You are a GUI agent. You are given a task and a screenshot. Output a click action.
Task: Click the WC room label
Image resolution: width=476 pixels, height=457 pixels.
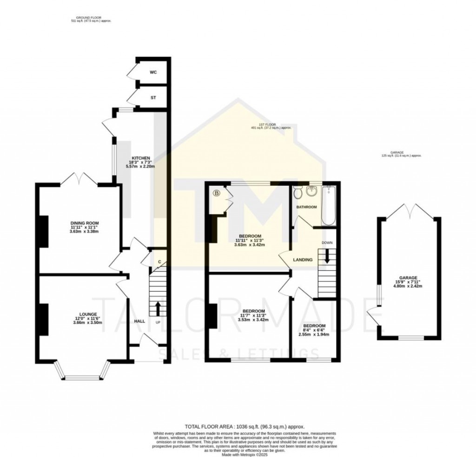tap(153, 73)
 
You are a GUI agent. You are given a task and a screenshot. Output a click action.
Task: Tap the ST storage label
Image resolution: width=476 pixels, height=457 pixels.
tap(153, 98)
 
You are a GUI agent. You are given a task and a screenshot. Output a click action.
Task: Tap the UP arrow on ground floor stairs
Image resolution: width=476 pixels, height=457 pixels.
tap(157, 307)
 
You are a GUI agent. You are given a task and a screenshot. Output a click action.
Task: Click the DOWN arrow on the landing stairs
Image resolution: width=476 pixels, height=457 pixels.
tap(327, 256)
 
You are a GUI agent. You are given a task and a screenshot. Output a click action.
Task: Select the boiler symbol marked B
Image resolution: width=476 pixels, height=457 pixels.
tap(216, 193)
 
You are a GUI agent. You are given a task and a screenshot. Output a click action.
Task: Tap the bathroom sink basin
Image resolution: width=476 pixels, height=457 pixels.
tap(311, 191)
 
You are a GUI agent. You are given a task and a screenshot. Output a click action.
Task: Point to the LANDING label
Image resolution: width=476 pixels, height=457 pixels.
tap(303, 260)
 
